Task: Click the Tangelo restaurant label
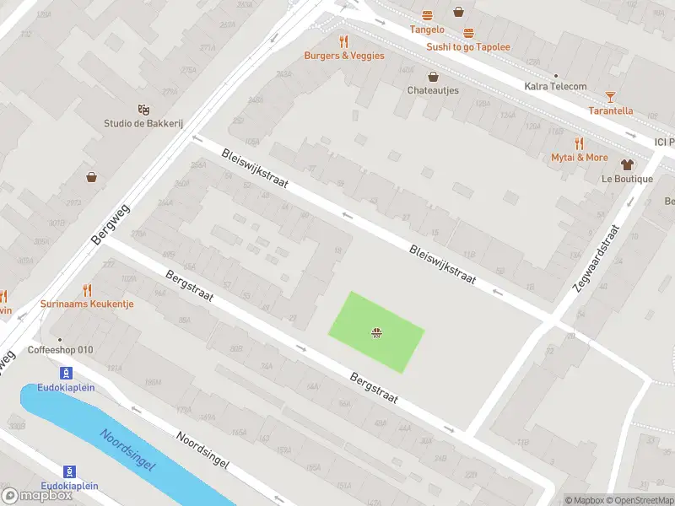427,30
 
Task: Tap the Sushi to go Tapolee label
468,47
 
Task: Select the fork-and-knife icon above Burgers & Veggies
343,41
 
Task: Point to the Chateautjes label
433,90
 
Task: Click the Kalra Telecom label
555,86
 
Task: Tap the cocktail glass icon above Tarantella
610,96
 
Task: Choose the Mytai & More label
579,158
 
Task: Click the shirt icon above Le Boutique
627,164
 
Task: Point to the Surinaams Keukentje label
87,304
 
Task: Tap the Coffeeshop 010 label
60,350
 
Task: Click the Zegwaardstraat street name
596,258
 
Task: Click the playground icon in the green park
376,333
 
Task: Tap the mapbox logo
37,496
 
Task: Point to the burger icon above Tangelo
428,15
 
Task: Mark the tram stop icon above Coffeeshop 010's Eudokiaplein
66,373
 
